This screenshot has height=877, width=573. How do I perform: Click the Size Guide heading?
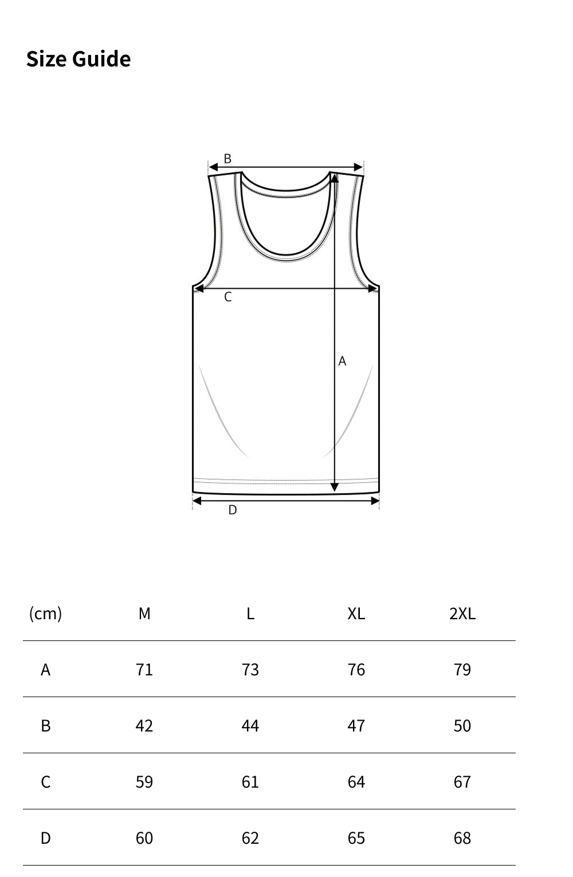pyautogui.click(x=79, y=59)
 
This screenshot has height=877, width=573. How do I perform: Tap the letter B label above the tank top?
pyautogui.click(x=227, y=159)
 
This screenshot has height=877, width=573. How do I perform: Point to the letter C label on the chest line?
pyautogui.click(x=228, y=297)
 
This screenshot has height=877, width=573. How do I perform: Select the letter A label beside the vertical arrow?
pyautogui.click(x=342, y=361)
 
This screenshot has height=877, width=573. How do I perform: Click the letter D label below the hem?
pyautogui.click(x=232, y=510)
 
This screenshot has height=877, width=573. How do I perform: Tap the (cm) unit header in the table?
pyautogui.click(x=45, y=613)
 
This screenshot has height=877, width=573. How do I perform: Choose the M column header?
pyautogui.click(x=144, y=613)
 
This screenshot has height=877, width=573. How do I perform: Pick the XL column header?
pyautogui.click(x=356, y=613)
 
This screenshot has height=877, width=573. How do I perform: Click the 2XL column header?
pyautogui.click(x=462, y=613)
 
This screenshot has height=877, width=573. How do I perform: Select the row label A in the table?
pyautogui.click(x=45, y=670)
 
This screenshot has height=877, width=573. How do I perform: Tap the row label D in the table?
pyautogui.click(x=45, y=838)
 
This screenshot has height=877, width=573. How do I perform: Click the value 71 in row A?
pyautogui.click(x=144, y=670)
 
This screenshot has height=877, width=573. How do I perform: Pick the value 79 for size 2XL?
pyautogui.click(x=462, y=670)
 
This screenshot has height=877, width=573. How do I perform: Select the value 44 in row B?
pyautogui.click(x=250, y=726)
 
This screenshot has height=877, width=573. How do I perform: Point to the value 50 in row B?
pyautogui.click(x=462, y=726)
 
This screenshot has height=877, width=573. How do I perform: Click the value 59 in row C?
pyautogui.click(x=144, y=782)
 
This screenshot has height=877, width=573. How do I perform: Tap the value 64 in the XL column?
pyautogui.click(x=356, y=782)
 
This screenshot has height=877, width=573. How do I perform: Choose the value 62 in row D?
pyautogui.click(x=250, y=838)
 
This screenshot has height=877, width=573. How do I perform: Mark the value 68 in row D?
pyautogui.click(x=462, y=838)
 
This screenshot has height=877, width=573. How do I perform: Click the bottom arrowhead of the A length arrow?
pyautogui.click(x=335, y=487)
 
